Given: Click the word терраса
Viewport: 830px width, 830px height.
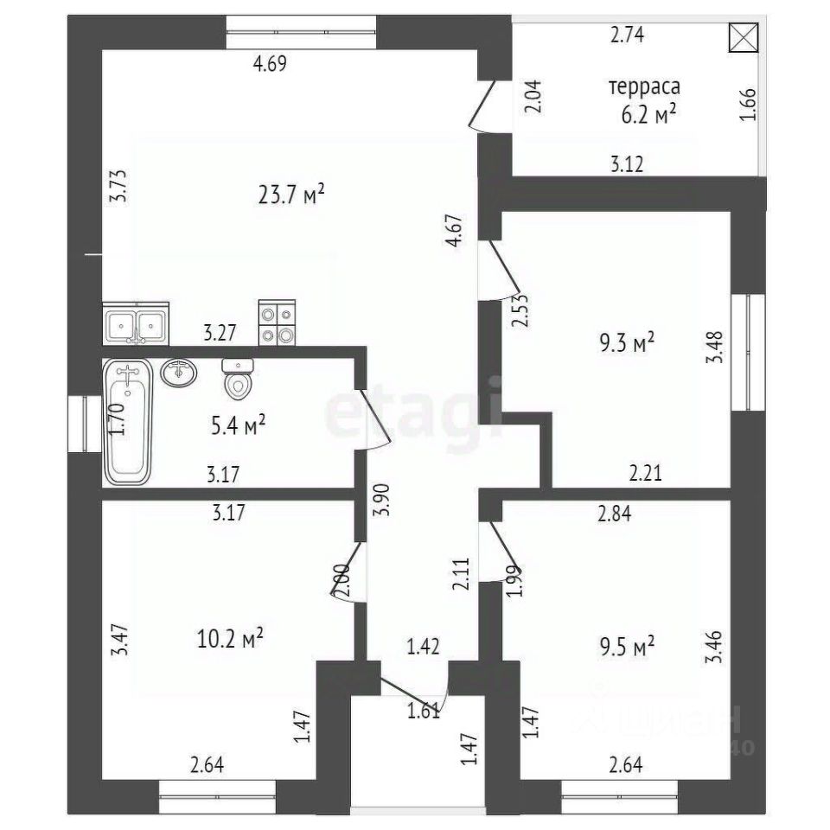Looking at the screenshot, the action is tap(644, 87).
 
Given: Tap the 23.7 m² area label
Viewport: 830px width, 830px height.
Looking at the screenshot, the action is tap(290, 195).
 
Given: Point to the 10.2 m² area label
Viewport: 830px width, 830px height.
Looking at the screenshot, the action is tap(230, 640).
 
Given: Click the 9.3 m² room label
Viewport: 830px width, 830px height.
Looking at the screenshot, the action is tap(627, 343).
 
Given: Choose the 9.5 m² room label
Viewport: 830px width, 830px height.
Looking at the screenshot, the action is tap(627, 646).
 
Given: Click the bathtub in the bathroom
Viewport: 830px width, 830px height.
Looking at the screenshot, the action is tap(128, 421).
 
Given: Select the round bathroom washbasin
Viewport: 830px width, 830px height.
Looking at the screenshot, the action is tap(180, 373).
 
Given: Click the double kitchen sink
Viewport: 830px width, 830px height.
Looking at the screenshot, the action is tap(136, 324).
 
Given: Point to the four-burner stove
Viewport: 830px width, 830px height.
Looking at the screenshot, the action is tap(277, 323).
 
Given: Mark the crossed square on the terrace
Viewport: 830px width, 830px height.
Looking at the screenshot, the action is tap(743, 37).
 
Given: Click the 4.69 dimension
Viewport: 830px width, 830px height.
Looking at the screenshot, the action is tap(269, 62).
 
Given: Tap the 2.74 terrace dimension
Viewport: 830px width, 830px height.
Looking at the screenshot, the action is tap(628, 35).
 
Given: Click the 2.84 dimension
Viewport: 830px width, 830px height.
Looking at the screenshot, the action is tap(615, 514).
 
